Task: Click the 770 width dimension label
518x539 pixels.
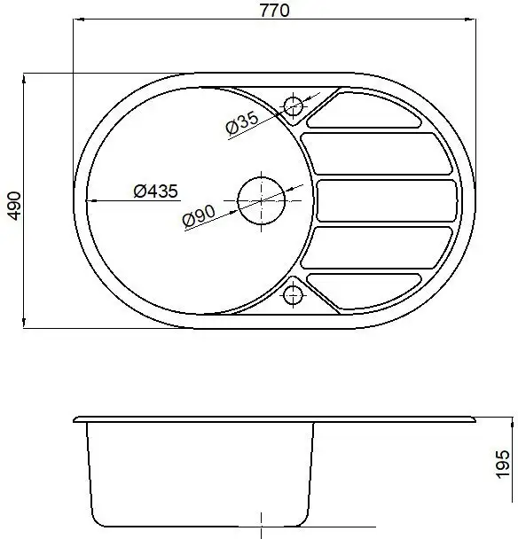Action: coord(274,11)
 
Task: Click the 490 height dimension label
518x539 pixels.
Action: coord(15,206)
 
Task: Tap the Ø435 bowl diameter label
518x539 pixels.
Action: coord(156,191)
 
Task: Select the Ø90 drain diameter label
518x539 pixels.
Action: coord(199,216)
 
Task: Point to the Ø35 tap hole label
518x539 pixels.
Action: coord(242,122)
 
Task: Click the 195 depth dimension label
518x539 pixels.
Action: coord(503,464)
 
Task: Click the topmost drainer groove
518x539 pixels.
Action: coord(364,110)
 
